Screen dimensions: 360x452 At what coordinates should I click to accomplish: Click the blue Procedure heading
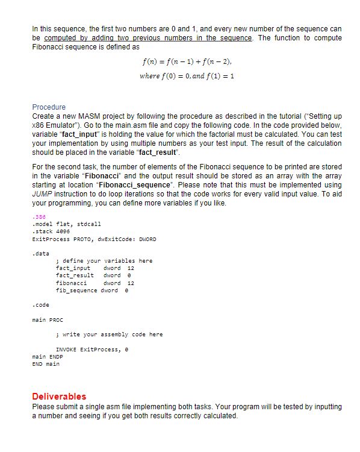pos(49,107)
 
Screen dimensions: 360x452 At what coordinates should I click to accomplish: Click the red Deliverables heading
pos(58,397)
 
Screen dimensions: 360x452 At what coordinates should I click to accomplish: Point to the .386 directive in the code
pos(37,216)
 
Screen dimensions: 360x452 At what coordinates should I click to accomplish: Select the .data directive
pos(40,254)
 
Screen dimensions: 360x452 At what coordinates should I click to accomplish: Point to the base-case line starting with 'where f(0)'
pos(186,76)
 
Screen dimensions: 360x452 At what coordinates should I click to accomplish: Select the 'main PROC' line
pos(47,319)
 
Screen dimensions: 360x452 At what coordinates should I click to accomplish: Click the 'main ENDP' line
pos(47,357)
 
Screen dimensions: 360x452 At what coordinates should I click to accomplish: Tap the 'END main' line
pos(45,363)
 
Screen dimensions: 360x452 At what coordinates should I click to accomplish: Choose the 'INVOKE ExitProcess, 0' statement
pos(91,349)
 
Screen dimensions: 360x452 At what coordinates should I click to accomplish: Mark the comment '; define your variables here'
pos(104,261)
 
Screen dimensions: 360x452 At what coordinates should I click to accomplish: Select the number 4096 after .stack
pos(66,231)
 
